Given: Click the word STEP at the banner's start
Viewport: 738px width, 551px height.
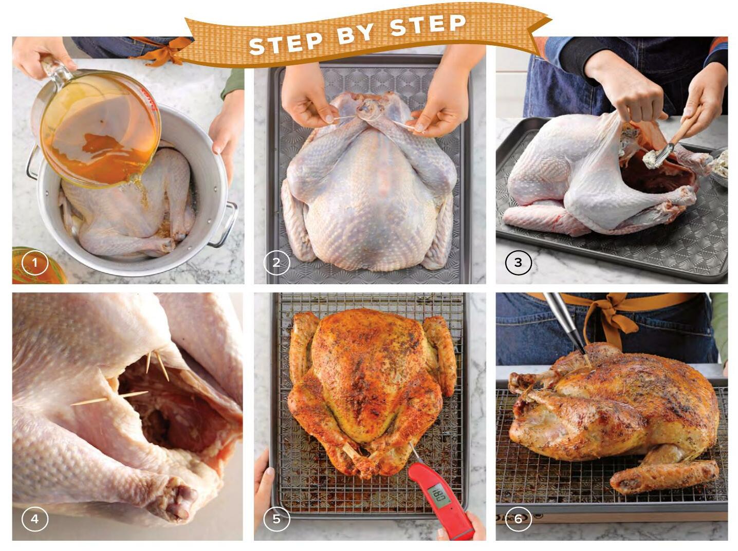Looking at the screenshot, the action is pos(285,44).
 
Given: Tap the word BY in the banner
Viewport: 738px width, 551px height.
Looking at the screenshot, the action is pos(355,33).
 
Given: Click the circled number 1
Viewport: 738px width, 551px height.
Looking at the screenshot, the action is pos(35,263).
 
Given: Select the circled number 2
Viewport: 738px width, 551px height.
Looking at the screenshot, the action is pos(276,263).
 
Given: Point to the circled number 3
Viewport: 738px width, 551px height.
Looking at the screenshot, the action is pos(518,262).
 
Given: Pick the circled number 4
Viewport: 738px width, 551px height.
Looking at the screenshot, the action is pos(35,519).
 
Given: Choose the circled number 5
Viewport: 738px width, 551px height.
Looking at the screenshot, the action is pos(276,519).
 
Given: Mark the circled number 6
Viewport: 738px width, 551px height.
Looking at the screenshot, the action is pos(518,519).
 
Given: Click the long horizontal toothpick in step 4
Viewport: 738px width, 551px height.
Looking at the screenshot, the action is pos(109,398).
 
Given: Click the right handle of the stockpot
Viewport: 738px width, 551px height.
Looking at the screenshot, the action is pos(225,223).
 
